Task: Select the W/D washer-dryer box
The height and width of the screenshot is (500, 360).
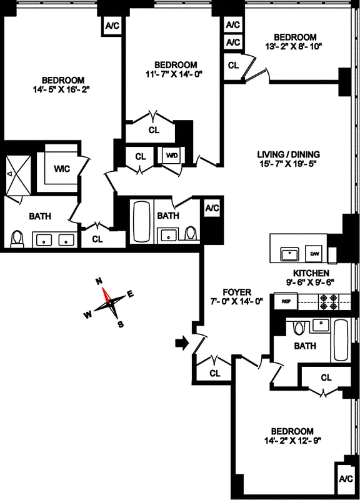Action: point(171,154)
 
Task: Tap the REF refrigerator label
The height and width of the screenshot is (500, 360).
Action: point(286,301)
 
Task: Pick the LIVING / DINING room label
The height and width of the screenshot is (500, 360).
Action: point(289,154)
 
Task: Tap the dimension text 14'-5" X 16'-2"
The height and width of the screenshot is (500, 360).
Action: point(62,89)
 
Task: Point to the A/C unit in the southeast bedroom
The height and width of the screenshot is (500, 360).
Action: point(346,479)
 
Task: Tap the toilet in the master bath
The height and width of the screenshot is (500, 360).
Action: point(17,238)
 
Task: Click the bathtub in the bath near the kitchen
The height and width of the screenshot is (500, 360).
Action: point(341,339)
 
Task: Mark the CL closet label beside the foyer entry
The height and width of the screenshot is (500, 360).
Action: point(215,374)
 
